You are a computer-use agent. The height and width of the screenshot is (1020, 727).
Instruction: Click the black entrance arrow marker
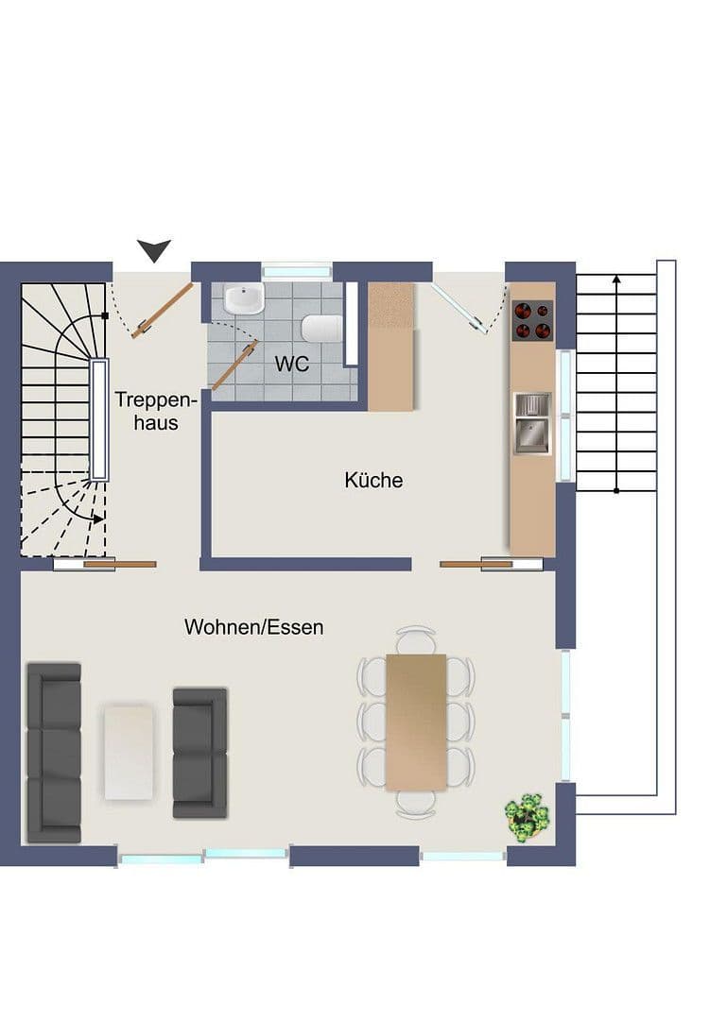154,250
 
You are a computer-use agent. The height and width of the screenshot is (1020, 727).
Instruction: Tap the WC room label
291,364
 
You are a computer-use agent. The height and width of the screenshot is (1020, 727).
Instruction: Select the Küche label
373,480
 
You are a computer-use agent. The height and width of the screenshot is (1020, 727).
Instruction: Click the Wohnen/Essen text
253,626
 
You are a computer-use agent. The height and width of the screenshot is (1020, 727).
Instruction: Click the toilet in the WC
321,329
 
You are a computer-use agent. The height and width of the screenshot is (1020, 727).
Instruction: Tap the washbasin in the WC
244,299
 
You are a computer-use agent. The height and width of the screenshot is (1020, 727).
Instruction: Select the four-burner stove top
532,320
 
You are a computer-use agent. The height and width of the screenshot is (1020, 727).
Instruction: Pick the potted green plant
527,815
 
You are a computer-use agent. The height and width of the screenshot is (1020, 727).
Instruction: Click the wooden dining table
415,722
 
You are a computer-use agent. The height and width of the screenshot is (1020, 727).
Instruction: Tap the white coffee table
129,752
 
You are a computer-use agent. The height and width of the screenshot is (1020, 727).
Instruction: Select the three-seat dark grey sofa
54,752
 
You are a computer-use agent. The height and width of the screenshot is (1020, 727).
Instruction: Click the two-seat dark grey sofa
199,752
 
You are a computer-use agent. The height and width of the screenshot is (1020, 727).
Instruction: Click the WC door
234,366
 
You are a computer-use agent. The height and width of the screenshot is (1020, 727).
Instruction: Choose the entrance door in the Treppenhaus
163,310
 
